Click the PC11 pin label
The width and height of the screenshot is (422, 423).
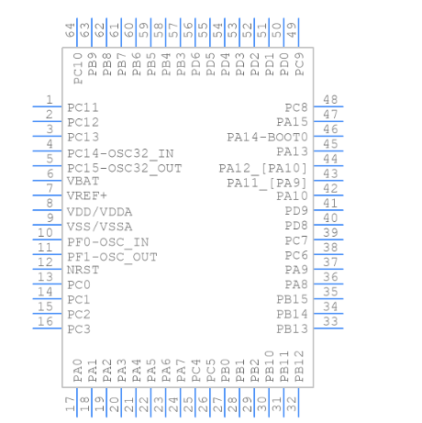tap(83, 107)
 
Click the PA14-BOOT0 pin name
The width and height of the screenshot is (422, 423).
tap(267, 137)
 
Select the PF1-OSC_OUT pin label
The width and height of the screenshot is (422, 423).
tap(112, 256)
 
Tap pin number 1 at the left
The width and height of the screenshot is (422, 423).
tap(49, 100)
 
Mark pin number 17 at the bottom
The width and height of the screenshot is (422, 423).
tap(71, 403)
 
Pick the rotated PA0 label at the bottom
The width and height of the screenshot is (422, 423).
tap(78, 369)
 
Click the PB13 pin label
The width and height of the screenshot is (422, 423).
tap(292, 328)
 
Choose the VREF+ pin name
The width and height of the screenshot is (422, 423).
tap(87, 196)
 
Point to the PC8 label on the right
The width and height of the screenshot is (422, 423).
tap(295, 107)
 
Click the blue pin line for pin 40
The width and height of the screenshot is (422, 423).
tap(329, 225)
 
